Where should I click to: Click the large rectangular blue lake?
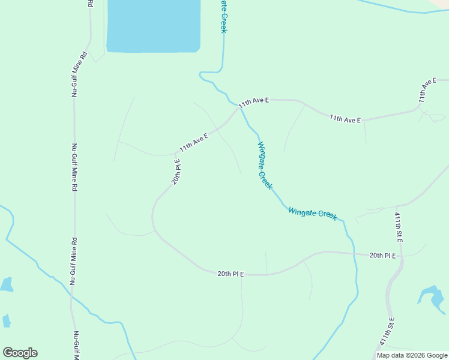(x=153, y=25)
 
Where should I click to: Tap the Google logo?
(x=20, y=353)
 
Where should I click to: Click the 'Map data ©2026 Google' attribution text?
(x=412, y=355)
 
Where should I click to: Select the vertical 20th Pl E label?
(x=176, y=172)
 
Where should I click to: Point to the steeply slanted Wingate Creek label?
(x=264, y=166)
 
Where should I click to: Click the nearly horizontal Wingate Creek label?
(x=312, y=213)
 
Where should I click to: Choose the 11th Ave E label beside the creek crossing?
(x=253, y=103)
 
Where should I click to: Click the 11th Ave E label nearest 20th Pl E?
(x=194, y=142)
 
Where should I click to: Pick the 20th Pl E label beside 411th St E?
(x=383, y=256)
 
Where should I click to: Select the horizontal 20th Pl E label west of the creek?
(x=231, y=274)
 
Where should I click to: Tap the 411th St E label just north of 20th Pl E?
(x=399, y=227)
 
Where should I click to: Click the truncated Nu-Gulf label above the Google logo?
(x=76, y=345)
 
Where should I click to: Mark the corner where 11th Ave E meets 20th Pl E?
(x=175, y=153)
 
